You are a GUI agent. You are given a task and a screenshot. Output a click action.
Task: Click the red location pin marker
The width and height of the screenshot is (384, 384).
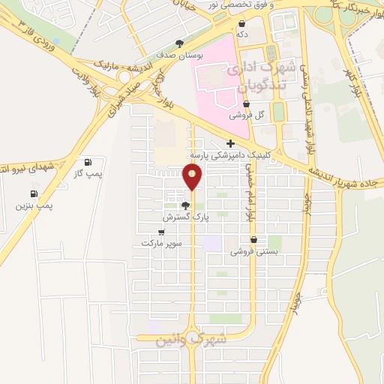click(x=193, y=177)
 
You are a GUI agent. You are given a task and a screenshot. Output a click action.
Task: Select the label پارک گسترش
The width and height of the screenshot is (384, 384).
click(x=184, y=216)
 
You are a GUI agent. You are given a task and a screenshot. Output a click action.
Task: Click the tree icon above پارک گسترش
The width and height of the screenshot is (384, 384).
click(x=185, y=205)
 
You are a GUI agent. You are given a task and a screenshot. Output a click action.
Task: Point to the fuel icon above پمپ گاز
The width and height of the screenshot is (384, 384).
click(x=89, y=162)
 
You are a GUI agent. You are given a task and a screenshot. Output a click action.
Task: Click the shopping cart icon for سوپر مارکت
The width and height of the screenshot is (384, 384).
click(x=160, y=232)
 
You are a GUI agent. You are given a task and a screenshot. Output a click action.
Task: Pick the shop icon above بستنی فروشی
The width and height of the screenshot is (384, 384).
click(x=256, y=240)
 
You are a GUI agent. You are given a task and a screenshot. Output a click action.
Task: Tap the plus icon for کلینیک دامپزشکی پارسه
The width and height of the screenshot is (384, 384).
click(x=230, y=143)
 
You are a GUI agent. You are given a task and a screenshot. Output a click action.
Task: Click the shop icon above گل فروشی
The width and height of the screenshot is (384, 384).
click(x=246, y=104)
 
